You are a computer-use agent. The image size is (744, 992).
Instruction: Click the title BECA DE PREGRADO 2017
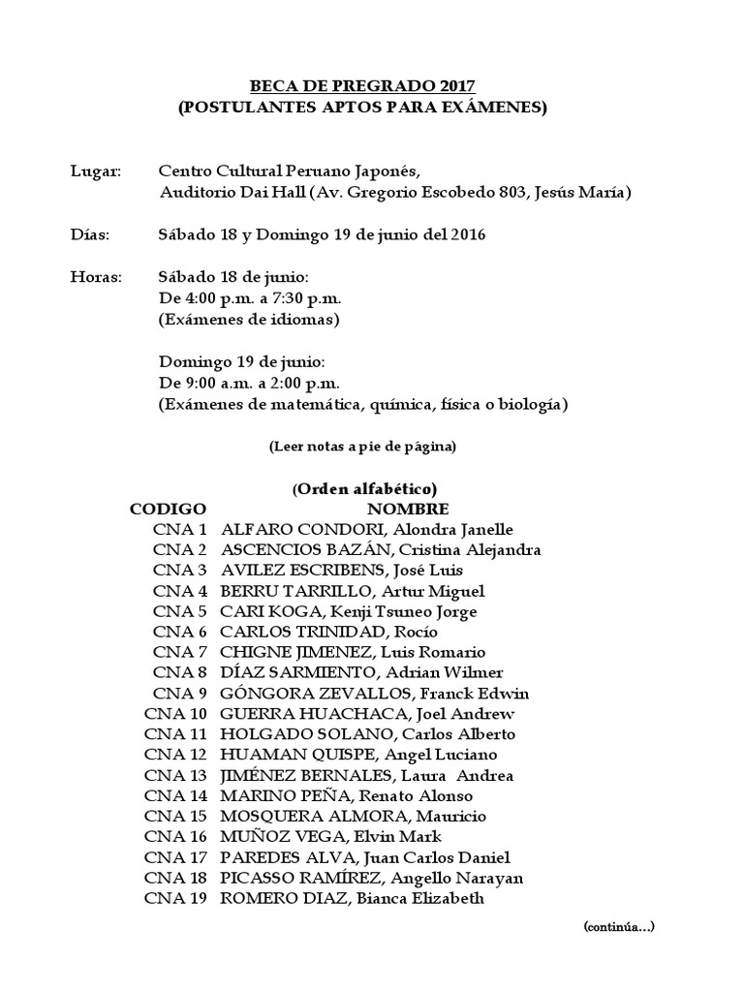pos(361,85)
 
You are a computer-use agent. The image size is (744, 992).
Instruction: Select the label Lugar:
pos(96,171)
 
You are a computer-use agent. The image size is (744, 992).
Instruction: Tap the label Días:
pos(90,234)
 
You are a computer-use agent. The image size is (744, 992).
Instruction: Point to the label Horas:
pos(96,277)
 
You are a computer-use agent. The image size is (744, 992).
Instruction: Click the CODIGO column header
pos(168,509)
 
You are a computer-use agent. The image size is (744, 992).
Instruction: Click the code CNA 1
pos(180,529)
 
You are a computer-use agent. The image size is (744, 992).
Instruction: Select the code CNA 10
pos(175,714)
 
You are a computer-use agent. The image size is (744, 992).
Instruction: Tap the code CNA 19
pos(175,898)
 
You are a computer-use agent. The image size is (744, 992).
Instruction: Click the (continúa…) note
pos(619,927)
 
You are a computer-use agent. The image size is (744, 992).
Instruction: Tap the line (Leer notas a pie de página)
pos(361,447)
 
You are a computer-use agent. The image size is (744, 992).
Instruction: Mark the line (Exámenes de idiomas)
pos(249,319)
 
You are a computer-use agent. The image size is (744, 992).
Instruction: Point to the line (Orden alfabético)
pos(364,488)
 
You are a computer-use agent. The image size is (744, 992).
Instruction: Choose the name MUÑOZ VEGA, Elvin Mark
pos(331,836)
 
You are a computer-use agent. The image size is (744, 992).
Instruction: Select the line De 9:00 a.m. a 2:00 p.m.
pos(249,383)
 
